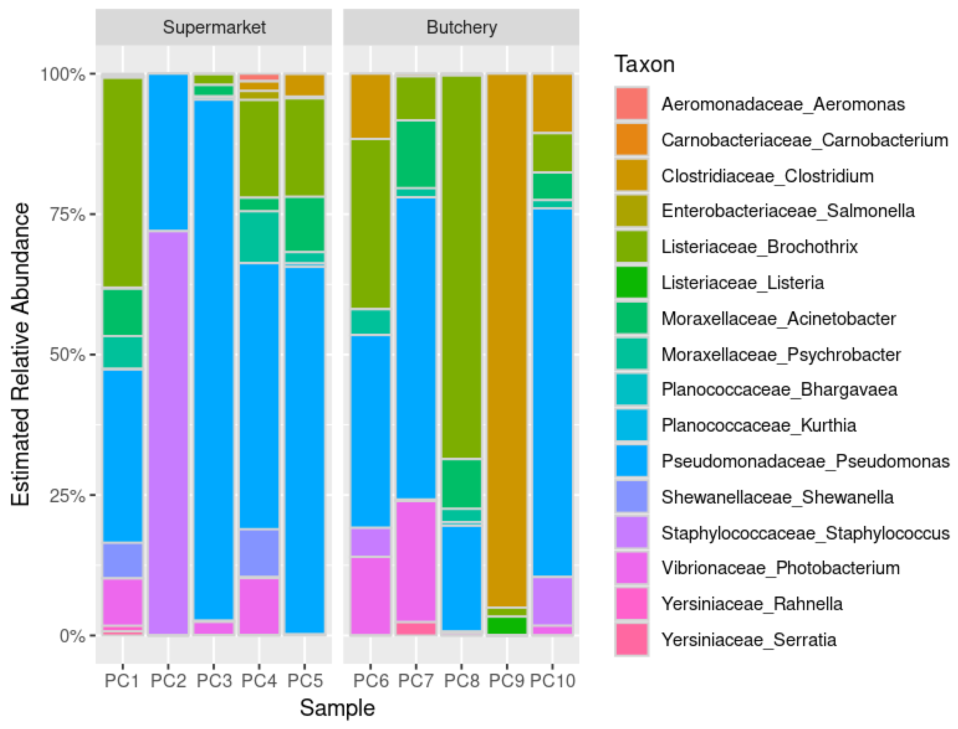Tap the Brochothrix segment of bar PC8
461,267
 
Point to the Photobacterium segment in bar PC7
415,561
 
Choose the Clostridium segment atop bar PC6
370,106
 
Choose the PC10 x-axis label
552,681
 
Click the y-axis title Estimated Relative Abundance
21,354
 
